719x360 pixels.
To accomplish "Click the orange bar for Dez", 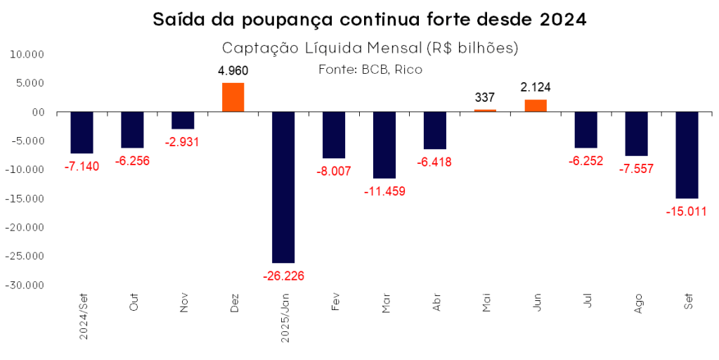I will (x=233, y=97).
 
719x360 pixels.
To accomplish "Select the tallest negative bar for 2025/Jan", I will (x=283, y=187).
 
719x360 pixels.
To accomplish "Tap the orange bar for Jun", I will (x=535, y=105).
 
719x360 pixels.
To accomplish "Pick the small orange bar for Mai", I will (x=485, y=110).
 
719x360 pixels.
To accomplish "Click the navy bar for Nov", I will (x=183, y=120).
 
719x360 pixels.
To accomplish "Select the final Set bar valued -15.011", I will (x=687, y=155).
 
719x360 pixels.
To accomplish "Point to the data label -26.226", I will (x=283, y=275).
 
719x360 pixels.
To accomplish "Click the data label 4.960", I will (x=233, y=71).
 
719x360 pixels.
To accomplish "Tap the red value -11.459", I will (x=384, y=191).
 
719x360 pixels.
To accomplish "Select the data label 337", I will (x=485, y=98).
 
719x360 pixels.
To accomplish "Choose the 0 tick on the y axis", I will (x=41, y=112).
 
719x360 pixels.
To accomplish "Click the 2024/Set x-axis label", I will (x=83, y=317).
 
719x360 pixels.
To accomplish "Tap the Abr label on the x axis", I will (x=436, y=303).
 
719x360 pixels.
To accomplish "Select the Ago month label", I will (x=638, y=304).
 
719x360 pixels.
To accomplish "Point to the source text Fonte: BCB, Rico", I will (x=370, y=69).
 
